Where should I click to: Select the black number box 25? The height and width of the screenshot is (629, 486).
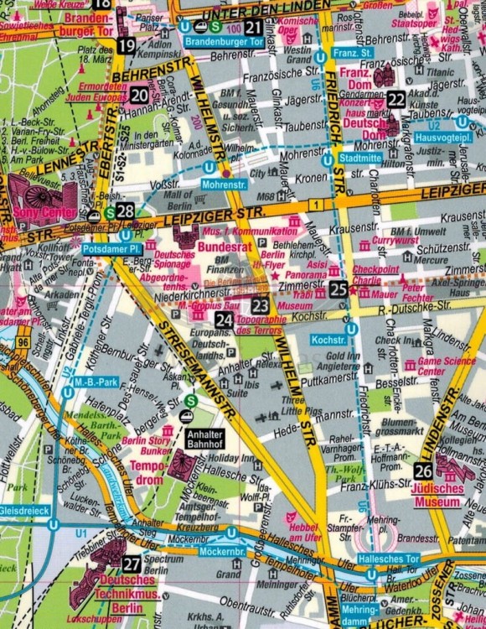338,289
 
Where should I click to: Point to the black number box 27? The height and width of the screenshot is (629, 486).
131,564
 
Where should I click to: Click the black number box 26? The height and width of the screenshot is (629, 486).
423,470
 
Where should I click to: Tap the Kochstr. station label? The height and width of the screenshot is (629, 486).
328,340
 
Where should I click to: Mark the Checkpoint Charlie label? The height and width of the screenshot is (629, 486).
382,274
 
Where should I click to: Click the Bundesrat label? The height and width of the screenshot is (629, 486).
224,249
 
